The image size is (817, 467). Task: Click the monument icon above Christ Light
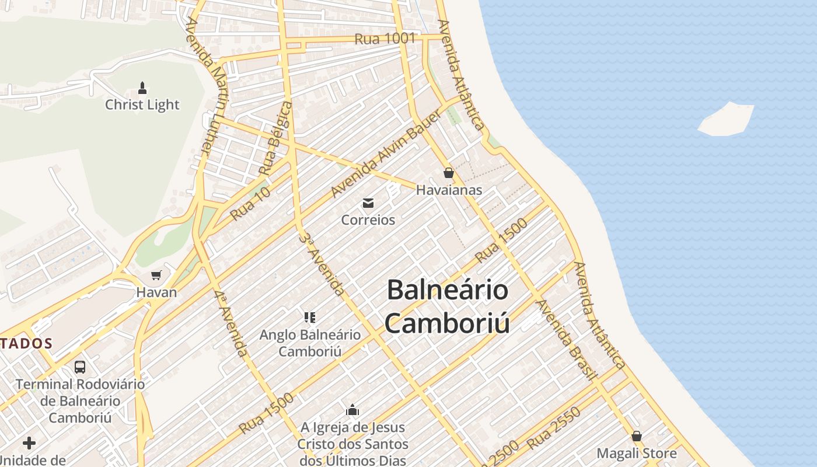(x=142, y=88)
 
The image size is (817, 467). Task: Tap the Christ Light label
(x=142, y=105)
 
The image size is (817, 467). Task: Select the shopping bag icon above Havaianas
(x=449, y=173)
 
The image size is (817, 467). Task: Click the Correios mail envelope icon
(x=368, y=203)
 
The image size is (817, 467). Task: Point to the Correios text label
(x=368, y=220)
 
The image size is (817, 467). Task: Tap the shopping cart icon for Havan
(x=156, y=275)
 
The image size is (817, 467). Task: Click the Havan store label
(x=156, y=292)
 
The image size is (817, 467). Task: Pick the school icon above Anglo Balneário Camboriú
(x=310, y=318)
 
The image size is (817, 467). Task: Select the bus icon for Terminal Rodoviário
(x=80, y=367)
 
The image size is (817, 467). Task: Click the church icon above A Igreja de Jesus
(x=352, y=410)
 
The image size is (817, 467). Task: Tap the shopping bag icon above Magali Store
(x=637, y=436)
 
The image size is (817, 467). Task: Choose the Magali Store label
(x=637, y=453)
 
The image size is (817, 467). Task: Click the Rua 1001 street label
(x=385, y=39)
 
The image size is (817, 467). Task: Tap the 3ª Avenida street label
(x=321, y=264)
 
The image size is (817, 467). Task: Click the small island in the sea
(x=727, y=119)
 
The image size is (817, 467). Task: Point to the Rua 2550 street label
(x=554, y=428)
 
